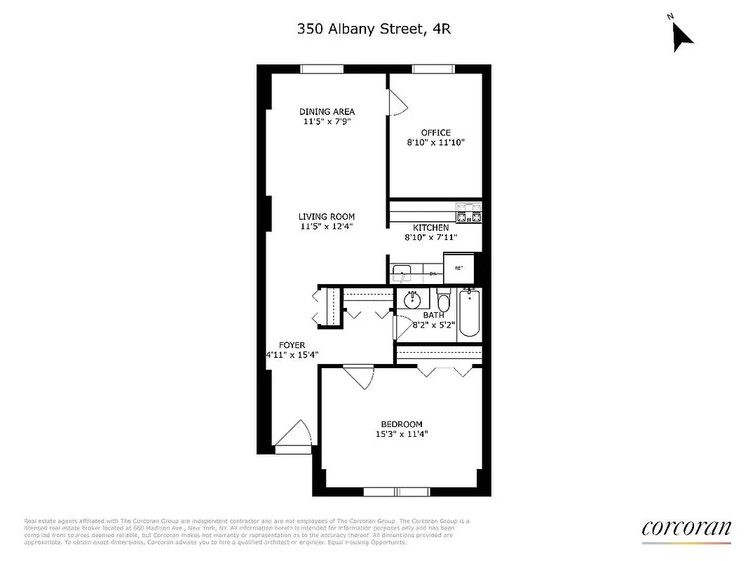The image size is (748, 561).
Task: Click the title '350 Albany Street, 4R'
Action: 374,29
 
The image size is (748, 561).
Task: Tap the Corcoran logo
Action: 686,528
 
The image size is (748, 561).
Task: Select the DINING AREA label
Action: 327,111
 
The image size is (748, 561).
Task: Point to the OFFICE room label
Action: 435,133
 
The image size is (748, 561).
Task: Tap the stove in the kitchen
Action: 469,212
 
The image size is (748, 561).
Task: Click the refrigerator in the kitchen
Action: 459,268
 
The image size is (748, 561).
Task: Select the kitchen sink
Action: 402,272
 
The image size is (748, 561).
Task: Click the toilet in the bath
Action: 443,302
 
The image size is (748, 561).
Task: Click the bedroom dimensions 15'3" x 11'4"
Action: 401,434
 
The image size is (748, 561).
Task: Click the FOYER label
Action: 292,345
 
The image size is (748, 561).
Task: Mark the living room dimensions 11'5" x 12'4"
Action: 327,227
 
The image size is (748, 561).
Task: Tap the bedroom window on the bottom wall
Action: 396,492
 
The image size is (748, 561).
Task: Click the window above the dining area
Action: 322,69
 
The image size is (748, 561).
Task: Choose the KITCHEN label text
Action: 430,228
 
